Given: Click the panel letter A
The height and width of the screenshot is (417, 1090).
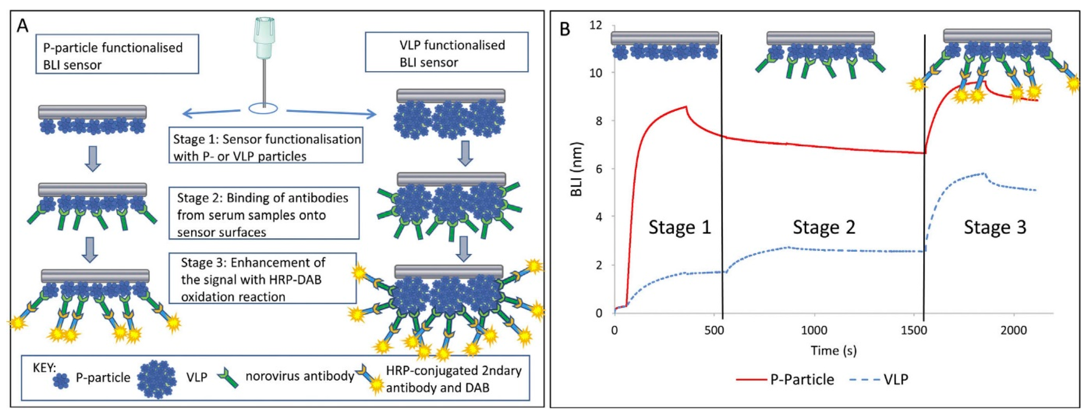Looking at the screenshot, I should [x=23, y=26].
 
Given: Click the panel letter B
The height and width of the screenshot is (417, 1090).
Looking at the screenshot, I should [x=565, y=29].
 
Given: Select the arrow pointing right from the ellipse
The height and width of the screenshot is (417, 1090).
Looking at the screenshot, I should [x=331, y=112].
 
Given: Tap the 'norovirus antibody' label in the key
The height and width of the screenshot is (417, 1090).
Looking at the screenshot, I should [x=300, y=376].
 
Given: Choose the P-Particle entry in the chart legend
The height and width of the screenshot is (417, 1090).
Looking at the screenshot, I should [x=801, y=379].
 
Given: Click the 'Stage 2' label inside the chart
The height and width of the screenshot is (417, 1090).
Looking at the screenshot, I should [x=823, y=227].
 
